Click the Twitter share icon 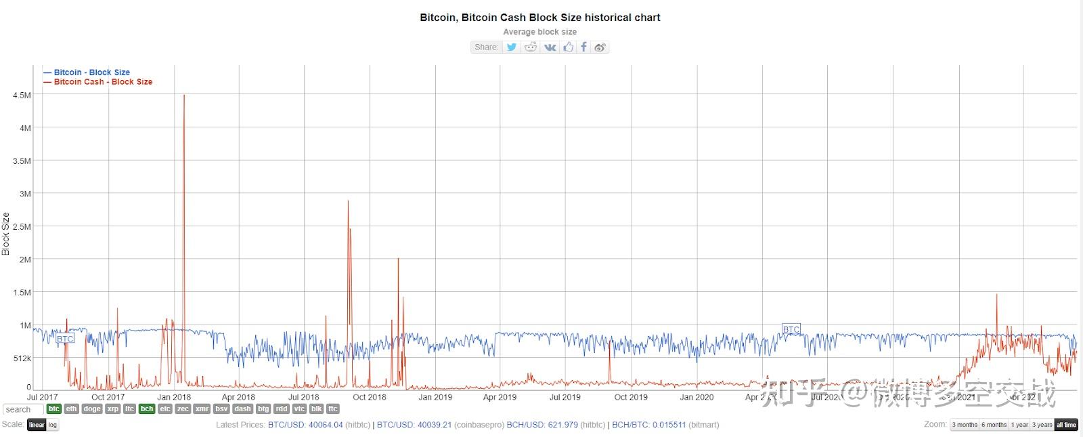512,47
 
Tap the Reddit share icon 531,47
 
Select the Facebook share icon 583,47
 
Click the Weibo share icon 600,47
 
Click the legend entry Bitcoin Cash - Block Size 103,82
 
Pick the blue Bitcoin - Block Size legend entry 91,72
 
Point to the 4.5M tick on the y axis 22,96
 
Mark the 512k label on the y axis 22,358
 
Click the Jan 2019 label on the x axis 435,398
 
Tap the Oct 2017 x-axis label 108,398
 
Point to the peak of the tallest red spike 184,96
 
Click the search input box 23,410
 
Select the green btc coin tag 54,409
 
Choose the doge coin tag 92,409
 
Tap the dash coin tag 242,409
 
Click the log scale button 53,425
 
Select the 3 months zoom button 965,425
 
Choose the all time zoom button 1066,425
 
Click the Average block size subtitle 539,32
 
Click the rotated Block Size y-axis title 6,234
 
